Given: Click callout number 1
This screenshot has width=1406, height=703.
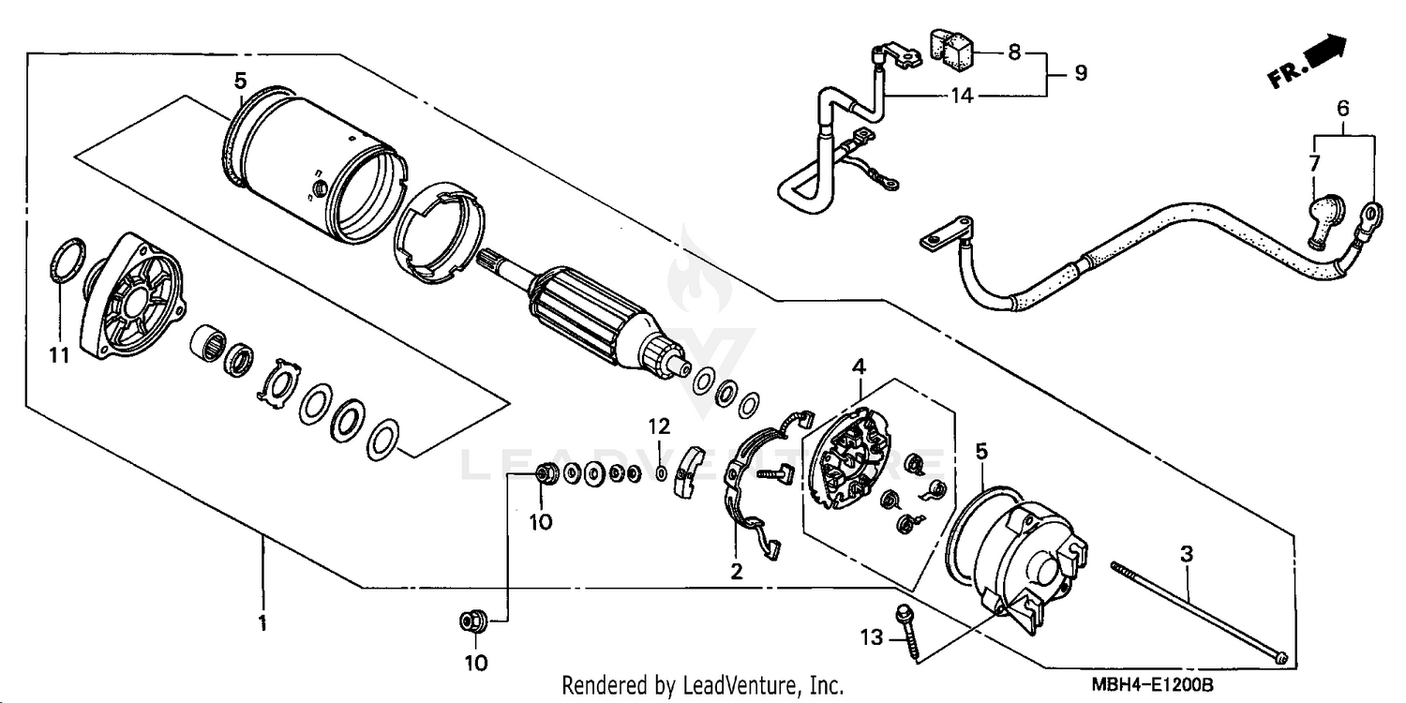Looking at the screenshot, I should tap(263, 622).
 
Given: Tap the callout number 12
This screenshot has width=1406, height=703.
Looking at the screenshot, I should tap(660, 426).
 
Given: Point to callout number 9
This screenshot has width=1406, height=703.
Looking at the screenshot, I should tap(1081, 73).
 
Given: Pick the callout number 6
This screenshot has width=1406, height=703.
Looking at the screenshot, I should tap(1342, 109).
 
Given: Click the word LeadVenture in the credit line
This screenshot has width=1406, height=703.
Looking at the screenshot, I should tap(750, 685).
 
